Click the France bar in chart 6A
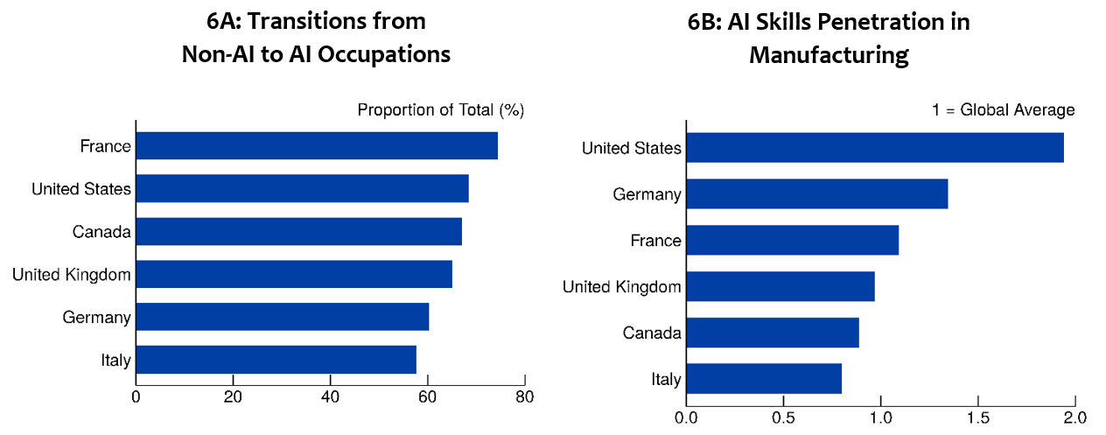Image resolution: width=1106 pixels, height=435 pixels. point(317,146)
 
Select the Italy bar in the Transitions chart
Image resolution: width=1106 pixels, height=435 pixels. point(276,360)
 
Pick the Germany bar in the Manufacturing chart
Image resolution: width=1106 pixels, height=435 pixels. point(817,193)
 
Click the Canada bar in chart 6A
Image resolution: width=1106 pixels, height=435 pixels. point(298,232)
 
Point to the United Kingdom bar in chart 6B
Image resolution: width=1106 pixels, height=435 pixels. point(780,286)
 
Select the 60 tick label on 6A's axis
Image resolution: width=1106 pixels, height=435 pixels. point(427,396)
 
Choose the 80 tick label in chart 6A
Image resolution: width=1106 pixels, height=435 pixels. point(524,396)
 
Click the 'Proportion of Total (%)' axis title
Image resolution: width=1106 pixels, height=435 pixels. point(440,110)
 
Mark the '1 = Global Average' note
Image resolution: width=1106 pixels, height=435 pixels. point(1003,110)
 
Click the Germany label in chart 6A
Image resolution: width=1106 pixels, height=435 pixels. point(96,318)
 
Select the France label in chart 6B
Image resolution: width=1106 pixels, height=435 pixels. point(655,241)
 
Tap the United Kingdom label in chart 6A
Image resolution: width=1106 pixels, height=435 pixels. point(72,275)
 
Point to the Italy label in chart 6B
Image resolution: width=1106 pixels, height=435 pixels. point(666,380)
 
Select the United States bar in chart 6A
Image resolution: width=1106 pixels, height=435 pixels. point(302,189)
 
